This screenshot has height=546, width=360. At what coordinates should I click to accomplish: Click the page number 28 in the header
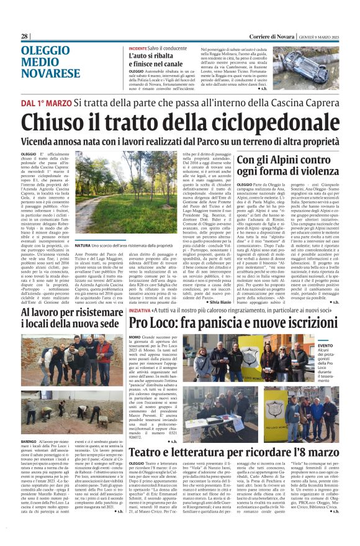point(25,37)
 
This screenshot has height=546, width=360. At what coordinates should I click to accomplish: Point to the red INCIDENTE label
point(138,48)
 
